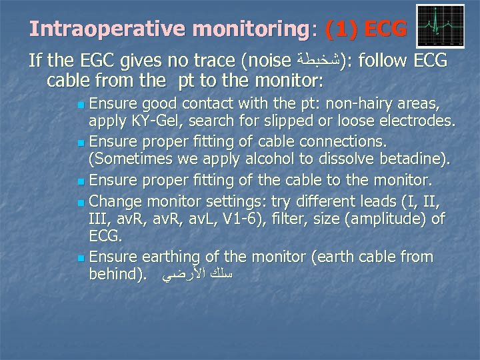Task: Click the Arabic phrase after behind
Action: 197,275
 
